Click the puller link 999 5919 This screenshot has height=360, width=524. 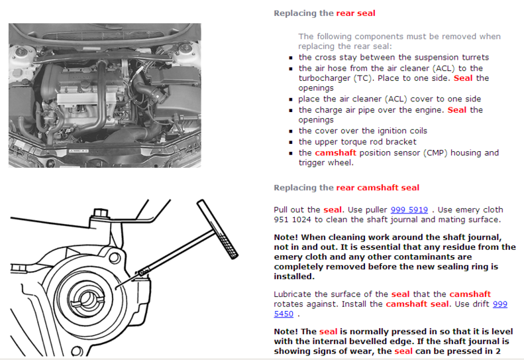[409, 210]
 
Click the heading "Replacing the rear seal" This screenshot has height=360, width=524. [325, 13]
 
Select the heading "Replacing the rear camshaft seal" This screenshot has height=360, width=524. [346, 188]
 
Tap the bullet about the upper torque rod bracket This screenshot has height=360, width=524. [357, 142]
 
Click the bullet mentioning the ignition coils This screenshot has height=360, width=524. [362, 131]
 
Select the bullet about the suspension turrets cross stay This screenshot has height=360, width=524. [393, 58]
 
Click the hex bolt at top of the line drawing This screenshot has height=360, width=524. [101, 213]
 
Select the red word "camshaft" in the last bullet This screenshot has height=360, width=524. [335, 152]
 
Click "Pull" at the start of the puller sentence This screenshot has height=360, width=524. [282, 210]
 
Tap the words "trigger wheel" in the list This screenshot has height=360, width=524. [325, 162]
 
